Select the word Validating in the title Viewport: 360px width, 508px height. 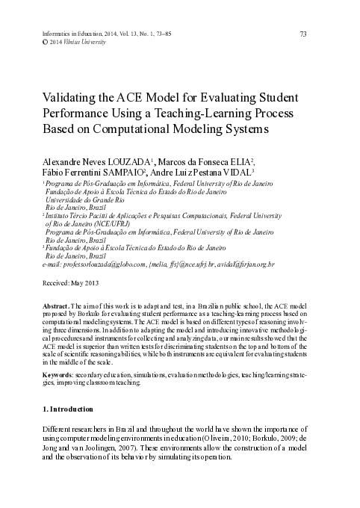pyautogui.click(x=63, y=99)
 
